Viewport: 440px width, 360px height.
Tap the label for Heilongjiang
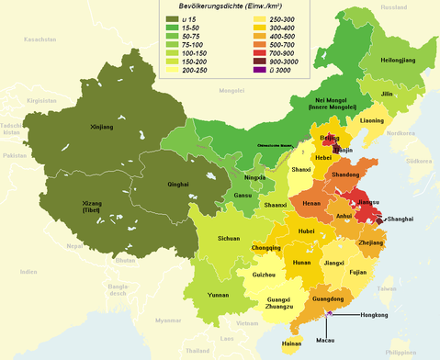pos(399,60)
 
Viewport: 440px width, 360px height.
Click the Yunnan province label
pos(219,296)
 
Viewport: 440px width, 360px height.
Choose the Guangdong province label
pos(328,298)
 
